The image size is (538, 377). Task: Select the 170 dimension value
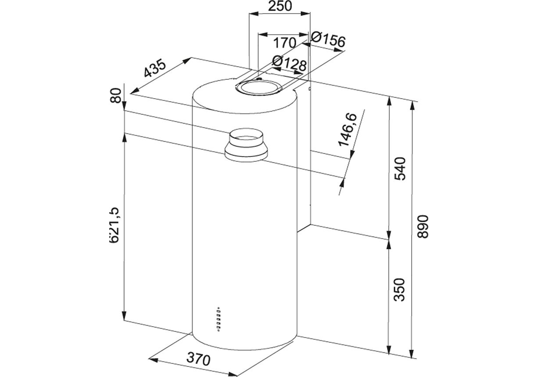pyautogui.click(x=284, y=43)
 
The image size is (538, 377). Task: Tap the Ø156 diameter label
pyautogui.click(x=328, y=41)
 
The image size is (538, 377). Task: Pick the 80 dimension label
pyautogui.click(x=116, y=96)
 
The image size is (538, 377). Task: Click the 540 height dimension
pyautogui.click(x=401, y=169)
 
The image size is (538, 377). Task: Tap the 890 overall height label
pyautogui.click(x=423, y=227)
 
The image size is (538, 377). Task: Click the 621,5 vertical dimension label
pyautogui.click(x=115, y=225)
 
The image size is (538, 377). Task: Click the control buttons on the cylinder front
pyautogui.click(x=219, y=317)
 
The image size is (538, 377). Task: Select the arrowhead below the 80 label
pyautogui.click(x=125, y=107)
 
